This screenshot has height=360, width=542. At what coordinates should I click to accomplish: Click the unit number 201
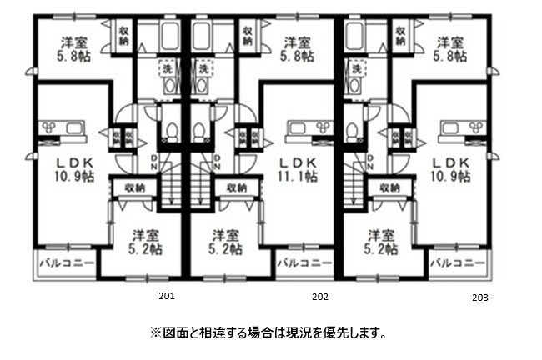click(167, 295)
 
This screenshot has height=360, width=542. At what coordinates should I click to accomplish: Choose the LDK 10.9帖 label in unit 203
click(451, 169)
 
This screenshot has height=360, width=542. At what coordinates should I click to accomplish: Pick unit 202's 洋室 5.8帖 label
click(298, 49)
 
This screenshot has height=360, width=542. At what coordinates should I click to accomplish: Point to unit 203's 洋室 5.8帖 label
click(451, 49)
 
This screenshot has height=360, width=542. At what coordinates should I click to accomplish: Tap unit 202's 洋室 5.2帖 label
click(226, 242)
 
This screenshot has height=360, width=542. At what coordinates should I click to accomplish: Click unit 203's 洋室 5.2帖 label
click(379, 242)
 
